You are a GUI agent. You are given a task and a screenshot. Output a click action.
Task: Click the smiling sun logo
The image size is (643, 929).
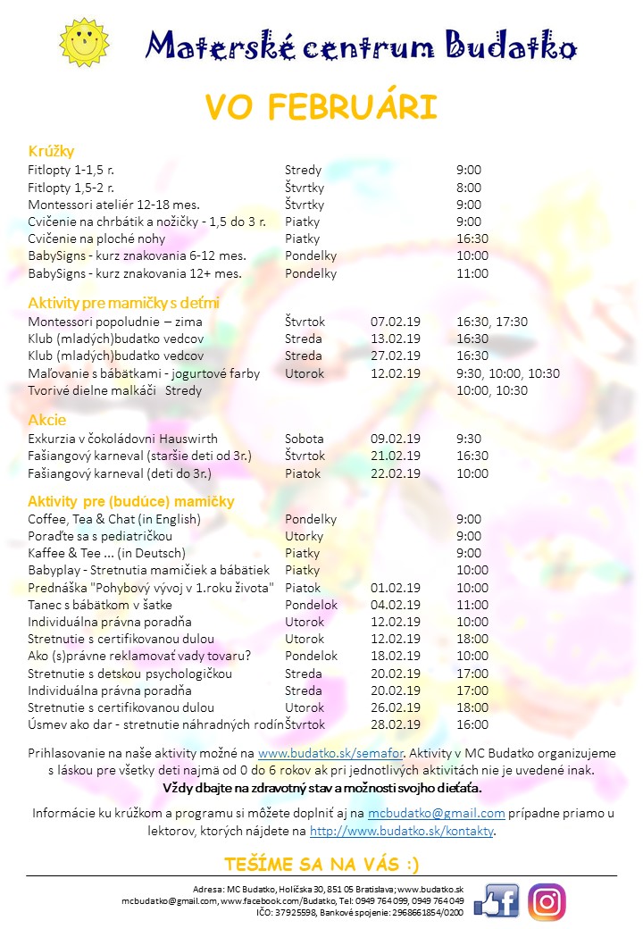[x=83, y=42]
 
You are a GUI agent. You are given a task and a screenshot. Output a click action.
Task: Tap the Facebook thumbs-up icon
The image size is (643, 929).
[x=497, y=900]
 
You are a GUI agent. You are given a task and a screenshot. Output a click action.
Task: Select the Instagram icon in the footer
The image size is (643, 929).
[x=547, y=900]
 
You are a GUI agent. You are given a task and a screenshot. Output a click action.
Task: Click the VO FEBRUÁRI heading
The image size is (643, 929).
[x=321, y=106]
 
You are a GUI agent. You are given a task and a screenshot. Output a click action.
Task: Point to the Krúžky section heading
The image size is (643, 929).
[x=51, y=150]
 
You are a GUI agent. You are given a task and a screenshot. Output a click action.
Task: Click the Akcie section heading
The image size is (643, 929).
[x=47, y=419]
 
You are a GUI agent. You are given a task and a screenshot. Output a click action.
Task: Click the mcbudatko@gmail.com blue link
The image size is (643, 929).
[x=437, y=813]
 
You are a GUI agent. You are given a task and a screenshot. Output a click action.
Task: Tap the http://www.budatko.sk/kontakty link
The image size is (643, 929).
[x=401, y=831]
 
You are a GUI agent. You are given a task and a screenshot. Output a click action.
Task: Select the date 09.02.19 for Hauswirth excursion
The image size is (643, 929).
[x=395, y=439]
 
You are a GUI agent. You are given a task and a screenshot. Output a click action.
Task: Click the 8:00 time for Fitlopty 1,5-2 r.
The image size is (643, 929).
[x=468, y=188]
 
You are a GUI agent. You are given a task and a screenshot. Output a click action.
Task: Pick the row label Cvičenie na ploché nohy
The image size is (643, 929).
[x=96, y=239]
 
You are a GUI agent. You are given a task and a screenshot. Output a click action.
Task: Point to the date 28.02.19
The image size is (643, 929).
[x=395, y=724]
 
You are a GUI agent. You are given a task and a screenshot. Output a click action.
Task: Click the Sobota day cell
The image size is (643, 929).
[x=305, y=439]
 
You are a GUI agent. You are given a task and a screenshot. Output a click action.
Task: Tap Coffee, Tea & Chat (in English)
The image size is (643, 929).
[x=114, y=519]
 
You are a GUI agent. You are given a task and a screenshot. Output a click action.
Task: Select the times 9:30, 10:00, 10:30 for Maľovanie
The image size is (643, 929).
[x=507, y=373]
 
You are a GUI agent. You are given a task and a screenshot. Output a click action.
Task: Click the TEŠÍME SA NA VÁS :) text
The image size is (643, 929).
[x=321, y=864]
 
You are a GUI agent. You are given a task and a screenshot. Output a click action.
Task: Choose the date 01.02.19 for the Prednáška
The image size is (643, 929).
[x=395, y=588]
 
